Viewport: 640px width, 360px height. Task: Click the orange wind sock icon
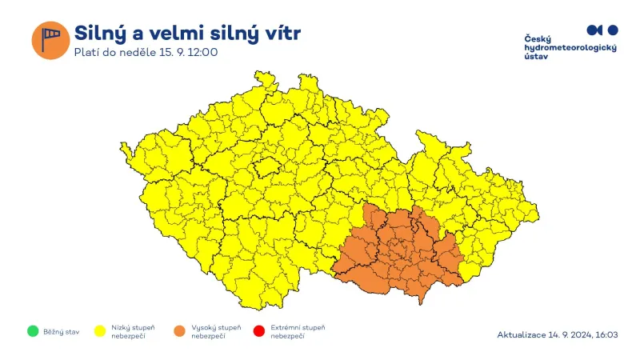(50, 40)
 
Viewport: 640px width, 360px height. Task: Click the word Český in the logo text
(538, 39)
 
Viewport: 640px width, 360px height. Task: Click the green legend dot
(32, 331)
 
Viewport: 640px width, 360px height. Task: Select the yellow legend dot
(102, 331)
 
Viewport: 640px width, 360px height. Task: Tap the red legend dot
(258, 331)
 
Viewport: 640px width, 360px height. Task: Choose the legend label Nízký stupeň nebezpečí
(134, 331)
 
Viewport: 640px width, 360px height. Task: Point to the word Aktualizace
(522, 334)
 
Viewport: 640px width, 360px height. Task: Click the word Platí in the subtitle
(86, 53)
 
